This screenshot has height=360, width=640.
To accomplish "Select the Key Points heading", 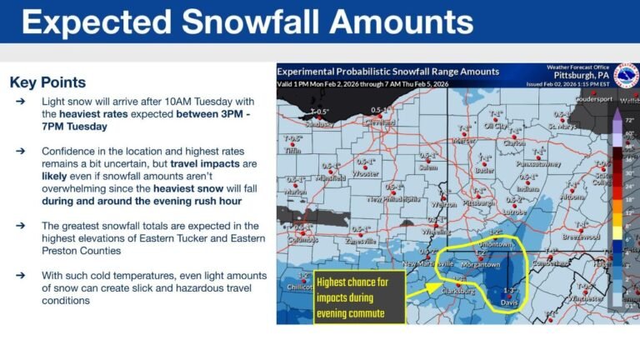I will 47,82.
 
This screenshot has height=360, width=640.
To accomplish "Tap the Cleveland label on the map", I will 380,122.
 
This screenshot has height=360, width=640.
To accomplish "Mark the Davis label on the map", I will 509,301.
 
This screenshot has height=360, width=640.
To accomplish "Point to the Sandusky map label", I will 319,124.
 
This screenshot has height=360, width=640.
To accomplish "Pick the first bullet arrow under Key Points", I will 20,101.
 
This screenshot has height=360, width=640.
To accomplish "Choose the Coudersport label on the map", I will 592,98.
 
